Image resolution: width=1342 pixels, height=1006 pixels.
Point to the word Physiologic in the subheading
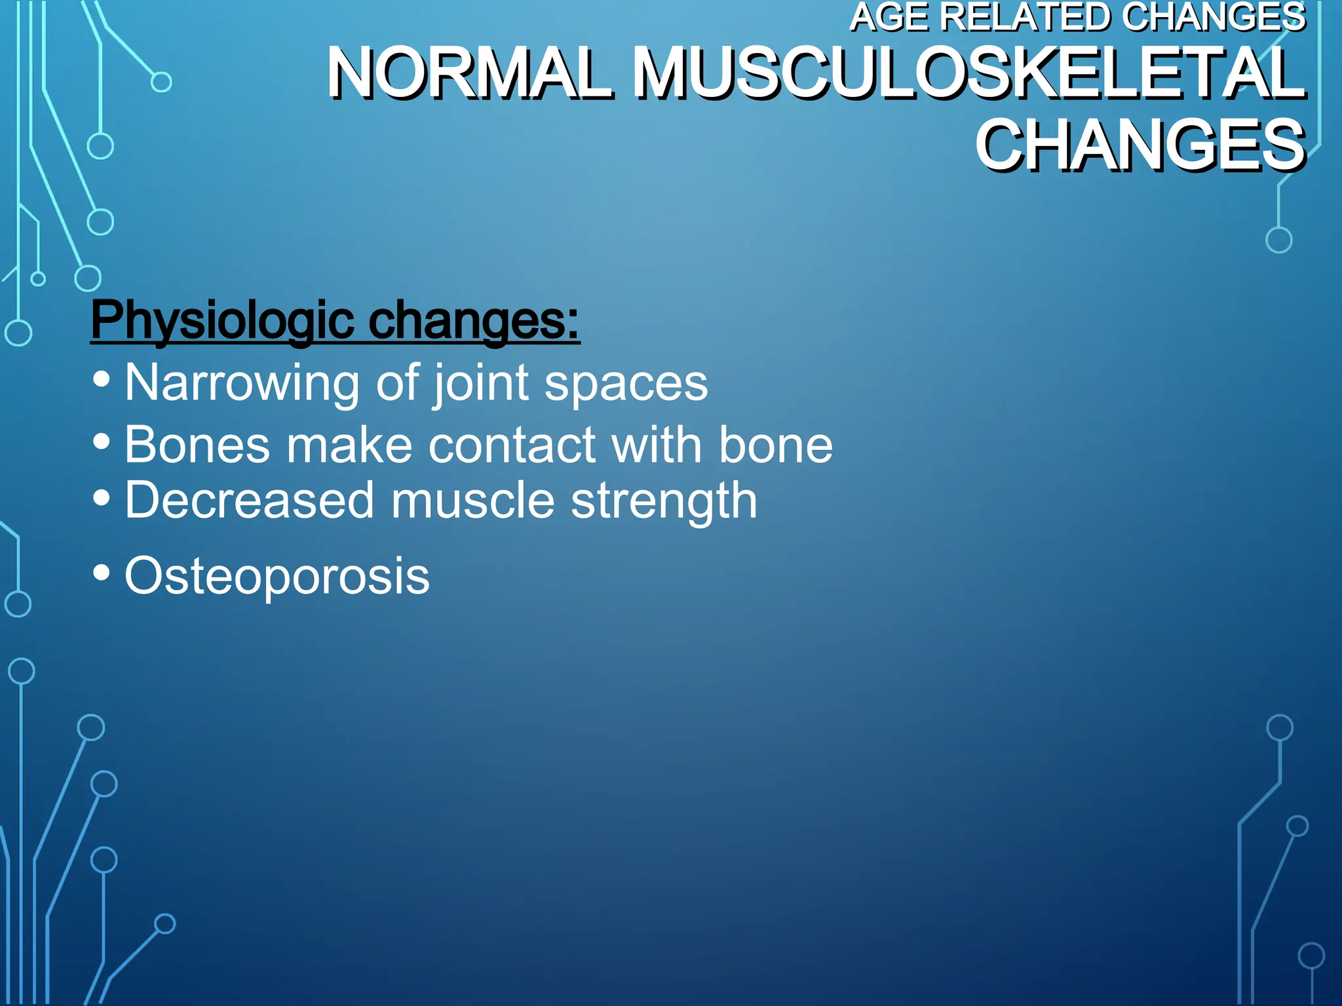pos(223,321)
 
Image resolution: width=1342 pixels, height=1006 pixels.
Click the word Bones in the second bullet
pos(197,445)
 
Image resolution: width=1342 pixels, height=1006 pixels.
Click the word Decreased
pos(249,501)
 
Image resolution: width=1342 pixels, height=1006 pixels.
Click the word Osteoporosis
pos(277,576)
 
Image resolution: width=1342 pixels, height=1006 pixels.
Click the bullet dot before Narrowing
pos(102,379)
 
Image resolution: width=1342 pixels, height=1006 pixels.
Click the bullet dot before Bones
pos(102,441)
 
